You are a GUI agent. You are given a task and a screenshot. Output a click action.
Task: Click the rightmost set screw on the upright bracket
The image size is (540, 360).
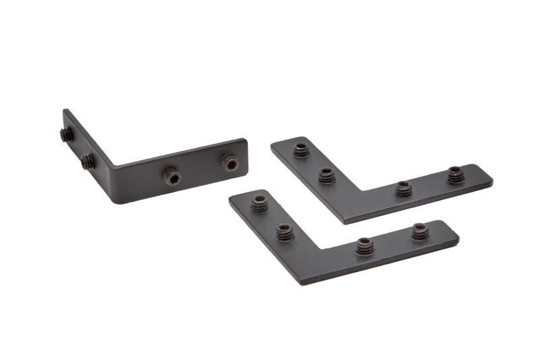230,163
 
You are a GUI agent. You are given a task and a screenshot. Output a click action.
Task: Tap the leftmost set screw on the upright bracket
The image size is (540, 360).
65,136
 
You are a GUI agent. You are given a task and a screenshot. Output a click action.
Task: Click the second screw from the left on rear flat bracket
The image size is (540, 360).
326,176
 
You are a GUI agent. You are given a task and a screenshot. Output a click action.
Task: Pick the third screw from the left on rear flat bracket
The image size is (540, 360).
404,186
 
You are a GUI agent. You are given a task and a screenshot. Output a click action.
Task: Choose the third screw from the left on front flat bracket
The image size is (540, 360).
365,246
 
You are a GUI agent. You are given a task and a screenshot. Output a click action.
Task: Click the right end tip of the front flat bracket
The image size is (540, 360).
461,238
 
